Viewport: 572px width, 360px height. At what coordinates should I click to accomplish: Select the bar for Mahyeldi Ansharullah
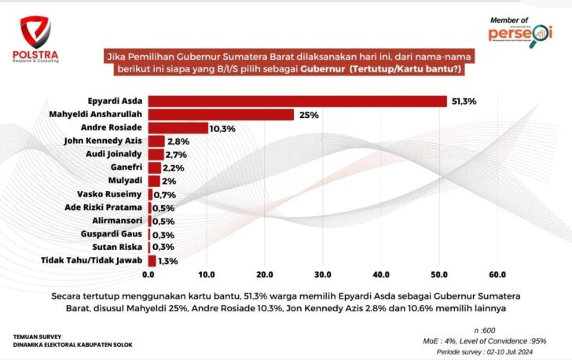tap(221, 114)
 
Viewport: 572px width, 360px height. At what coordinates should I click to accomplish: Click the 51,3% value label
tap(464, 101)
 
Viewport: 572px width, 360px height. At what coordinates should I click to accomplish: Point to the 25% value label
tap(307, 115)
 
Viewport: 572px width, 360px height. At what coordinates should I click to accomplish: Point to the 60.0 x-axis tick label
tap(497, 274)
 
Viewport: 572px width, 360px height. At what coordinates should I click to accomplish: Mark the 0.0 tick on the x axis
tap(148, 274)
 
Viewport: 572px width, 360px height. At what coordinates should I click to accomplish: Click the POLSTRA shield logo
tap(34, 30)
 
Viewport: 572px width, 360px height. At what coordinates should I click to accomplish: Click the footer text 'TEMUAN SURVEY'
tap(35, 336)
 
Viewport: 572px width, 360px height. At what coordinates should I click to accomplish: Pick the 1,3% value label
tap(167, 260)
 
